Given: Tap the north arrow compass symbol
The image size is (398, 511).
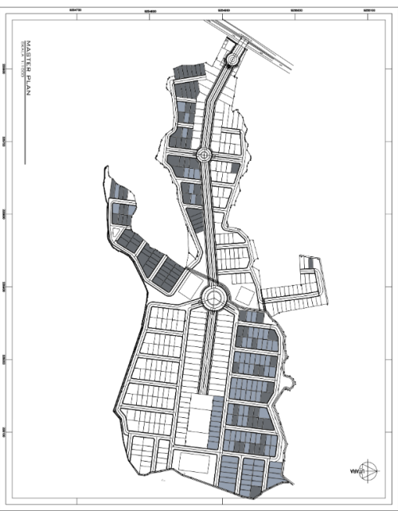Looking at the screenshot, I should point(368,469).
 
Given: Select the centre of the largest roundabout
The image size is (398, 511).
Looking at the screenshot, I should point(214,299).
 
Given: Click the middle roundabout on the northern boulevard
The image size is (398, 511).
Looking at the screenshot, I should point(203,155).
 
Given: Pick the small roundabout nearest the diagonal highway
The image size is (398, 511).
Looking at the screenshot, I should point(232,60).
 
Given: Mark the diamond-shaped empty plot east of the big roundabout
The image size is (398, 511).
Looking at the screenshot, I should point(244,297).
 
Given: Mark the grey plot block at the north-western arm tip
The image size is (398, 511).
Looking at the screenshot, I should point(120,191).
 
